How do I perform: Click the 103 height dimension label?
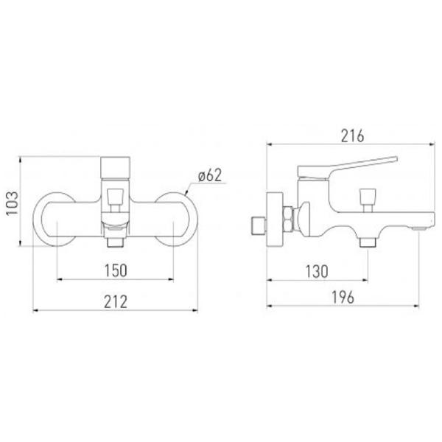pyautogui.click(x=12, y=203)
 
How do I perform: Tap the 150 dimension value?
pyautogui.click(x=116, y=270)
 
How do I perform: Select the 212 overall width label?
pyautogui.click(x=116, y=301)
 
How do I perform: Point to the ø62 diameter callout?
pyautogui.click(x=210, y=175)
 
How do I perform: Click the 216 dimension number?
pyautogui.click(x=353, y=136)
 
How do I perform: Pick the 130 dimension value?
pyautogui.click(x=317, y=271)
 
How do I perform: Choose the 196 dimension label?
pyautogui.click(x=343, y=297)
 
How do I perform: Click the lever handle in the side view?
pyautogui.click(x=347, y=167)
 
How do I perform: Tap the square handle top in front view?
pyautogui.click(x=116, y=167)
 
